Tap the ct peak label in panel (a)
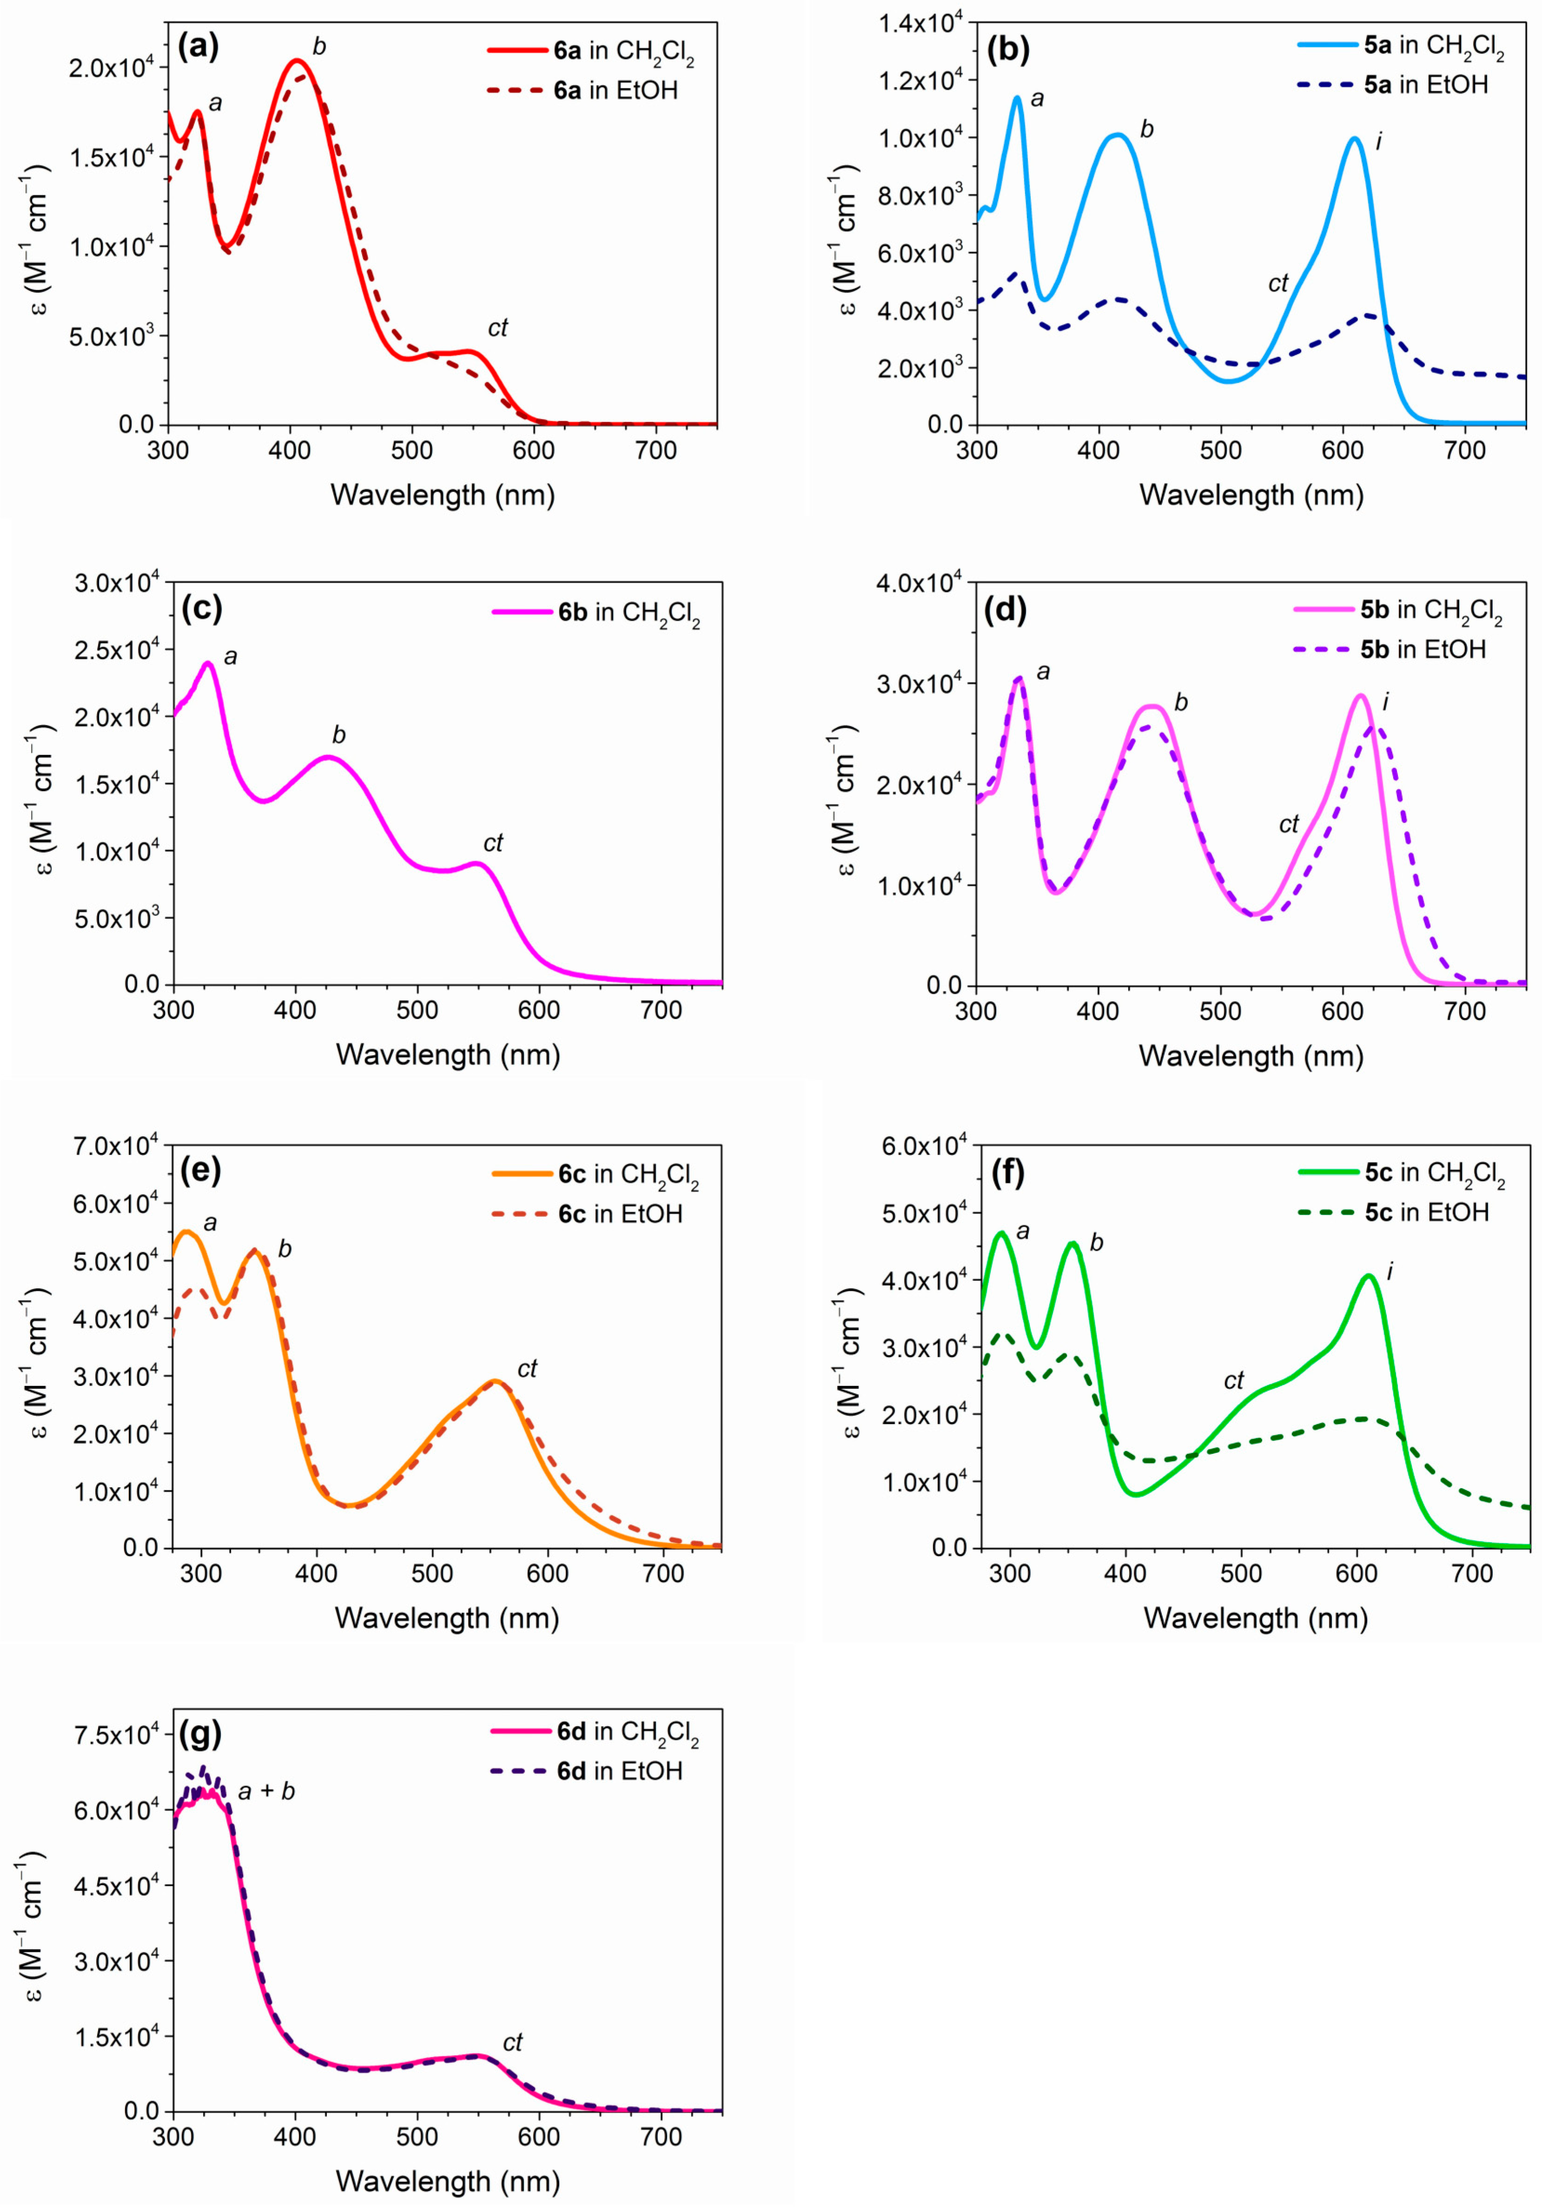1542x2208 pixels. pyautogui.click(x=497, y=328)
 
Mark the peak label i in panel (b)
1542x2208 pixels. pyautogui.click(x=1379, y=141)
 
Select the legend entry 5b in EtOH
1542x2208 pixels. pyautogui.click(x=1423, y=649)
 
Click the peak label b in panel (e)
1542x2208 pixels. pyautogui.click(x=284, y=1249)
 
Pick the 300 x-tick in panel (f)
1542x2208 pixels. pyautogui.click(x=1009, y=1573)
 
